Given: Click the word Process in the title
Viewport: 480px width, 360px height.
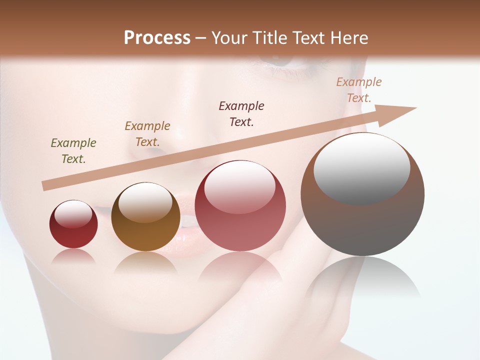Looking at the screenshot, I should (157, 38).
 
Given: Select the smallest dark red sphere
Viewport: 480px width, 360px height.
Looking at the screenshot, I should (73, 224).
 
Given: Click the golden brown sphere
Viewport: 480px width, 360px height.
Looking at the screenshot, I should (145, 217).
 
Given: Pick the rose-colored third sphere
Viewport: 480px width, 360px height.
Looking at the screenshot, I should (240, 205).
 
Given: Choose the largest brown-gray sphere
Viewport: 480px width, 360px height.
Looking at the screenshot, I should (362, 194).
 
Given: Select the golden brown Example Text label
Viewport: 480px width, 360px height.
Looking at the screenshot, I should (147, 134).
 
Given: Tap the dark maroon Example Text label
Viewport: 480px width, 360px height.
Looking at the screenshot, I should (241, 114).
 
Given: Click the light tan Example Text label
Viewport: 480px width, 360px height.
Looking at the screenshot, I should (359, 90).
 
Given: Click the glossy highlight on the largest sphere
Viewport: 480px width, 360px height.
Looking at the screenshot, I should (361, 168).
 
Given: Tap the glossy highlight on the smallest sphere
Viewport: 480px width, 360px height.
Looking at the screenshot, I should (73, 214).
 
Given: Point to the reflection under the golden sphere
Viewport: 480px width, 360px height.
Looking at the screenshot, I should (145, 263).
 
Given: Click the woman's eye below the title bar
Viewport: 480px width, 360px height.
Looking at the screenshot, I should (280, 62).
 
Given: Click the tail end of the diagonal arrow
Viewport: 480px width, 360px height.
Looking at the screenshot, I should (44, 186).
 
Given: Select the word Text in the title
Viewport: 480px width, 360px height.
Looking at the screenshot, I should (307, 38).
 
